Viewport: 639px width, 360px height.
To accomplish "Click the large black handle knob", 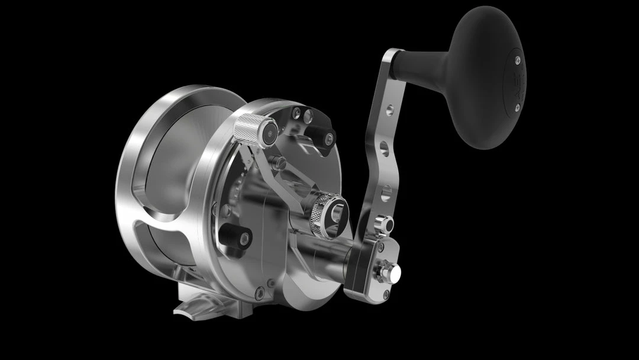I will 485,77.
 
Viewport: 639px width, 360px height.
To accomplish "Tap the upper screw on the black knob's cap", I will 517,59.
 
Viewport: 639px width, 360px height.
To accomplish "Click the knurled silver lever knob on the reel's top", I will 248,130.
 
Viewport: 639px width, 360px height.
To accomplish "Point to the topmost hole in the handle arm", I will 390,110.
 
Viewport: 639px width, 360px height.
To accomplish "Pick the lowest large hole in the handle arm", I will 385,192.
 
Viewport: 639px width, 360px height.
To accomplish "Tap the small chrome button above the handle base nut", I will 384,226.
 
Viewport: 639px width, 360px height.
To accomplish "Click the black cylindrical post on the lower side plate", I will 235,237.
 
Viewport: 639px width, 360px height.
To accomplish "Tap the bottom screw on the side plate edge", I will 259,291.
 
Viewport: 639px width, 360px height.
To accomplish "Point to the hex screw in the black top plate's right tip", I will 329,139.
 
